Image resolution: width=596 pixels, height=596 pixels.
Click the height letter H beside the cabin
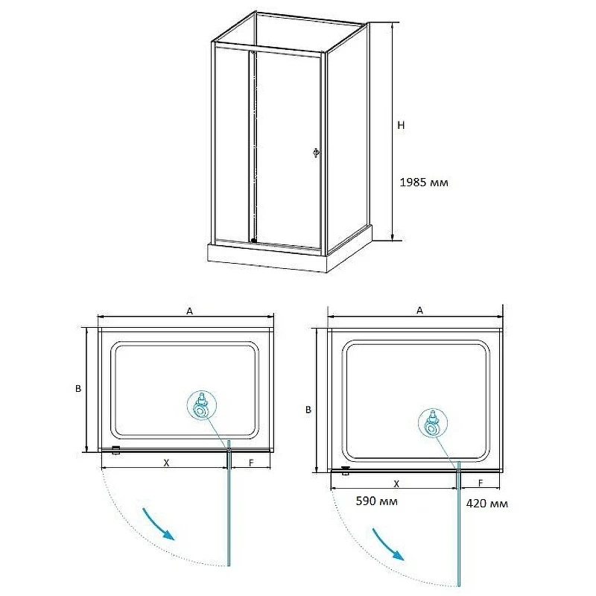point(401,125)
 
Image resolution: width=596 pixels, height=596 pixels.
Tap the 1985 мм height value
point(424,183)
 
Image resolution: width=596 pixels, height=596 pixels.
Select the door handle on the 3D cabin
point(315,153)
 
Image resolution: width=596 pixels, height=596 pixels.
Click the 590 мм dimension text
point(377,501)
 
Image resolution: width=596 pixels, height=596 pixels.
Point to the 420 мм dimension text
point(487,504)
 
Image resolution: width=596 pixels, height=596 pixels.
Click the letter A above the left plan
point(189,311)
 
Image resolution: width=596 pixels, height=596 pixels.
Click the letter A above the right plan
point(419,311)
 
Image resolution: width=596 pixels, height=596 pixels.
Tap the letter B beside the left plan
point(78,388)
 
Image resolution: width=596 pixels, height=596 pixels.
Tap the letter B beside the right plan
point(308,410)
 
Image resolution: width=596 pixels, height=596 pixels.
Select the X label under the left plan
point(166,463)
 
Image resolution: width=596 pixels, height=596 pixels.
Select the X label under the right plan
point(396,484)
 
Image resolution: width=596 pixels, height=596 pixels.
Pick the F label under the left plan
point(251,463)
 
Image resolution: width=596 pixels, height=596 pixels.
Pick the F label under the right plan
point(481,483)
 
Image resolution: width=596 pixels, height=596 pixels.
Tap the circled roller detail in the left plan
point(202,405)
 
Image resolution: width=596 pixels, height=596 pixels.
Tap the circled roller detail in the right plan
point(433,423)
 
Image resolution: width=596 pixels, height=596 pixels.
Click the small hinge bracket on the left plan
point(116,451)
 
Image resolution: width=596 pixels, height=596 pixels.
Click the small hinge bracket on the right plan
point(346,471)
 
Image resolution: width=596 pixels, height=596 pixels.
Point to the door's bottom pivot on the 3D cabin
point(253,240)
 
